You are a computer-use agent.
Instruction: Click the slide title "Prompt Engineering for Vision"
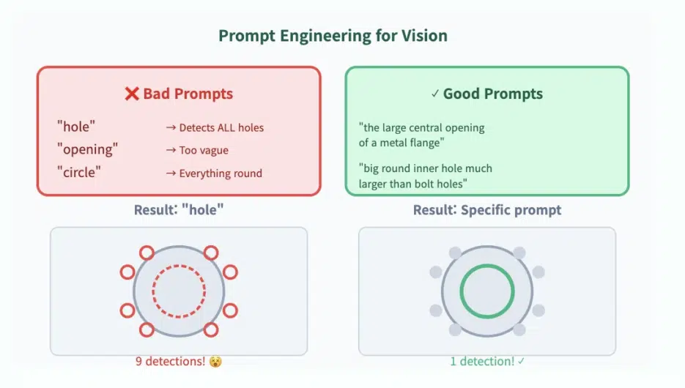pyautogui.click(x=333, y=36)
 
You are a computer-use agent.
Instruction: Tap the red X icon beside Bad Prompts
pyautogui.click(x=131, y=94)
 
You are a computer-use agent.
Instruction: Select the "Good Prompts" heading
pyautogui.click(x=493, y=94)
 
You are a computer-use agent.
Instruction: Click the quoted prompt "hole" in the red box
pyautogui.click(x=76, y=127)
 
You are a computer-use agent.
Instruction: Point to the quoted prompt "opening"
pyautogui.click(x=87, y=149)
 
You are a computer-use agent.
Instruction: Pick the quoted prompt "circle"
pyautogui.click(x=79, y=172)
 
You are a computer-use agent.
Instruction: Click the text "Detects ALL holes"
pyautogui.click(x=221, y=127)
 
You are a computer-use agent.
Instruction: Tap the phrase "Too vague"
pyautogui.click(x=204, y=151)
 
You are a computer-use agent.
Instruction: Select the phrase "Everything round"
pyautogui.click(x=221, y=174)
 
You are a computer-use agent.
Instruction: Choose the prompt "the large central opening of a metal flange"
pyautogui.click(x=421, y=135)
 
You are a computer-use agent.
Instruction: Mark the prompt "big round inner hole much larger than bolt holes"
pyautogui.click(x=426, y=176)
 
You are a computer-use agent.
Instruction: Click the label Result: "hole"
pyautogui.click(x=179, y=210)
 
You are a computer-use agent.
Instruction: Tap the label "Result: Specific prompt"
pyautogui.click(x=487, y=210)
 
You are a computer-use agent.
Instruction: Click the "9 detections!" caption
pyautogui.click(x=170, y=362)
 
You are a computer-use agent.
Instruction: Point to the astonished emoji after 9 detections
pyautogui.click(x=215, y=362)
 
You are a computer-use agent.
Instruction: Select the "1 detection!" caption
pyautogui.click(x=482, y=362)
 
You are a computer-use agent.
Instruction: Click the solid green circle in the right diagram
pyautogui.click(x=487, y=265)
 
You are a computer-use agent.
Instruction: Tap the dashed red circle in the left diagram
pyautogui.click(x=179, y=265)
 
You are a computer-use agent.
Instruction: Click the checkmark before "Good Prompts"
pyautogui.click(x=434, y=94)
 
